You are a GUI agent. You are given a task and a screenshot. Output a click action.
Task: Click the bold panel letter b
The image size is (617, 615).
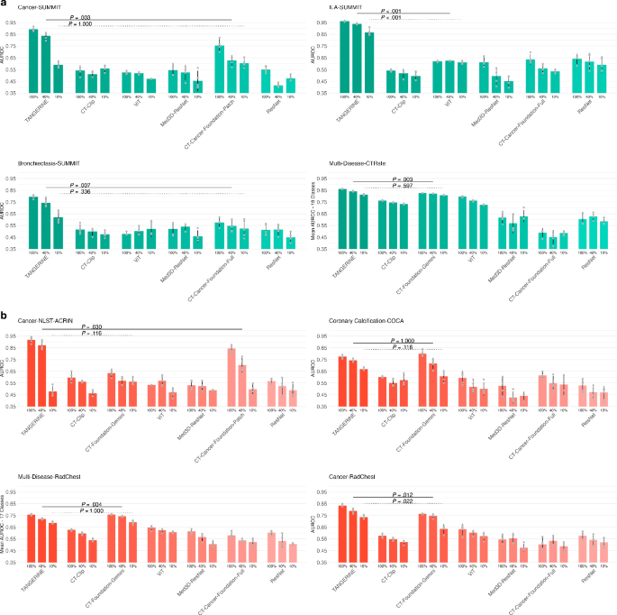tap(5, 316)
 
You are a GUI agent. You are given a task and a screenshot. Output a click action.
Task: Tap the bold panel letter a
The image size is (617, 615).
tap(5, 5)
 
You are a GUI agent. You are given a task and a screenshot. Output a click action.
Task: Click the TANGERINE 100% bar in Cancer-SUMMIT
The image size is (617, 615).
tap(33, 60)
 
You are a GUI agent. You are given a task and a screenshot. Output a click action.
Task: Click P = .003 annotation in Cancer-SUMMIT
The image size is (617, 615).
tap(79, 17)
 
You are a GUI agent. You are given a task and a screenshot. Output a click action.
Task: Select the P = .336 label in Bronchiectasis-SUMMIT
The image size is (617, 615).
tap(81, 191)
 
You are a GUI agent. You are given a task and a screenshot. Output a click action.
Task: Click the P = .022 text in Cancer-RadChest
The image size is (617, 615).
tap(401, 502)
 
